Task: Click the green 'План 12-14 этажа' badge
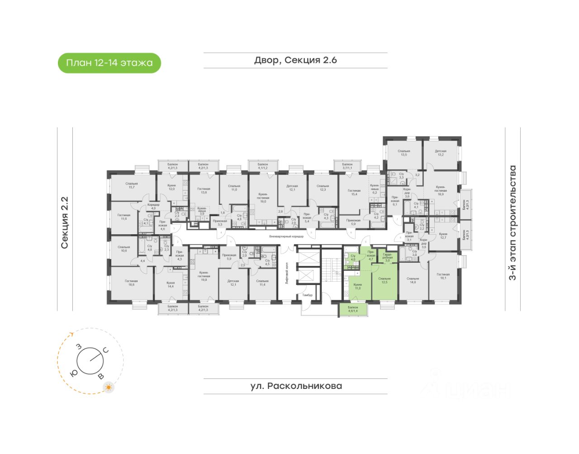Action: (109, 63)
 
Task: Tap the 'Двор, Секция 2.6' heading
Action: (295, 60)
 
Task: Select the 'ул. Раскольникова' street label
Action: (296, 386)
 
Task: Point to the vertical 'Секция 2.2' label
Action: (65, 222)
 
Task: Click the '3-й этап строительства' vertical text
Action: (513, 222)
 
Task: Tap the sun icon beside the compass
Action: (109, 388)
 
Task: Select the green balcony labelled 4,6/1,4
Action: (353, 310)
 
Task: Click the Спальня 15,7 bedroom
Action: (132, 185)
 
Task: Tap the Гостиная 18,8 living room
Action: (131, 283)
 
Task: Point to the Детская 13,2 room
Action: (441, 153)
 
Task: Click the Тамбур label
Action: (308, 295)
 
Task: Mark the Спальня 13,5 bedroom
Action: (403, 153)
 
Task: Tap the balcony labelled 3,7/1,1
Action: (347, 166)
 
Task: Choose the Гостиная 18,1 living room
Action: (443, 276)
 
